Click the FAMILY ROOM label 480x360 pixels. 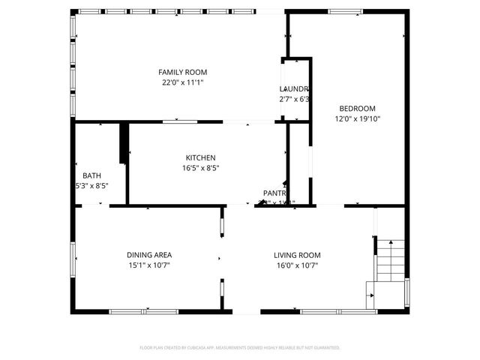(182, 72)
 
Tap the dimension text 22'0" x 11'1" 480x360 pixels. (182, 82)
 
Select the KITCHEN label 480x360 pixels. (201, 157)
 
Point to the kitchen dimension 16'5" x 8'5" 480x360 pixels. (201, 168)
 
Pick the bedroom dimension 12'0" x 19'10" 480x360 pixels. (357, 118)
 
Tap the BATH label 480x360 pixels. (91, 175)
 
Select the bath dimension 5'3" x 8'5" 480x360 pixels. (91, 186)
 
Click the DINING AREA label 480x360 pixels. (149, 255)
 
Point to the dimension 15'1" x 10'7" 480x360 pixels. (149, 265)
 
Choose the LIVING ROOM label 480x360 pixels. (297, 255)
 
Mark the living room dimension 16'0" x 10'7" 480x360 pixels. (297, 265)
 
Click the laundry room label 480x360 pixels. (294, 88)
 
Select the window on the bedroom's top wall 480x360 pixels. (344, 11)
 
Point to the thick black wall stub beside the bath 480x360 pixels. (124, 142)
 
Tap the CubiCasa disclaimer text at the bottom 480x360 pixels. (240, 347)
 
